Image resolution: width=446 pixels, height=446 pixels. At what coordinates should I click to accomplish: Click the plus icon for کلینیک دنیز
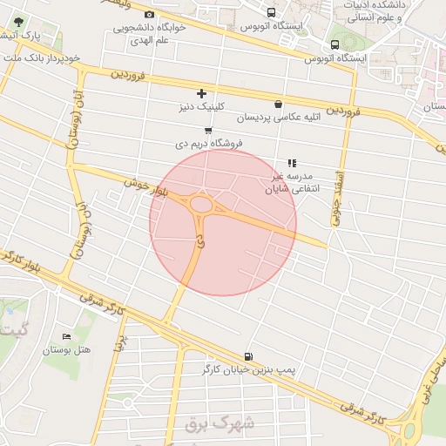pyautogui.click(x=201, y=93)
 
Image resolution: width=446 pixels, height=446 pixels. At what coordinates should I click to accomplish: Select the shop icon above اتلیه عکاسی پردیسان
pyautogui.click(x=278, y=103)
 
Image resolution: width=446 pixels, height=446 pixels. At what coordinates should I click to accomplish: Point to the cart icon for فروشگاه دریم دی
pyautogui.click(x=207, y=130)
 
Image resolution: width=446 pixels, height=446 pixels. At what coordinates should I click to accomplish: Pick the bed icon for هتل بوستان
pyautogui.click(x=66, y=337)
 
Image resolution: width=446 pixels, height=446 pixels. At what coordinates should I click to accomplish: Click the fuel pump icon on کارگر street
pyautogui.click(x=251, y=355)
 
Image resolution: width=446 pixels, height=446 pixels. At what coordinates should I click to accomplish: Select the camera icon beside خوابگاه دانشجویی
pyautogui.click(x=149, y=15)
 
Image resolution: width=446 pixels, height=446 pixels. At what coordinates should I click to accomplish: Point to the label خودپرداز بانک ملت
pyautogui.click(x=42, y=57)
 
